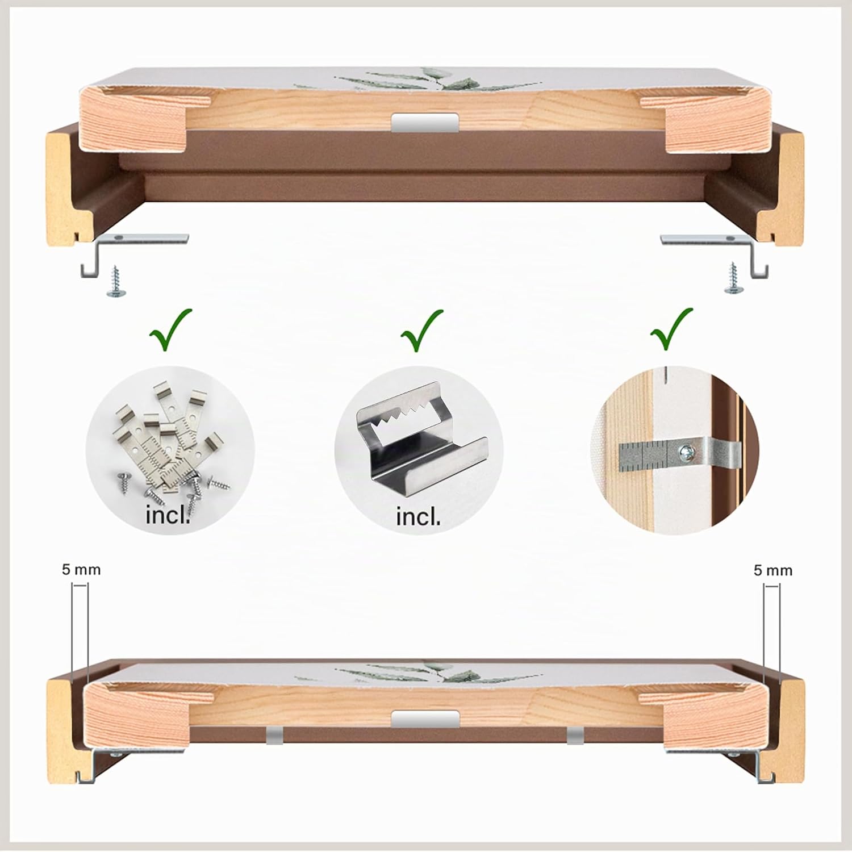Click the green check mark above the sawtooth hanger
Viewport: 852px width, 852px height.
click(421, 332)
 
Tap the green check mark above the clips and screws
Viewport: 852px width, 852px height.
click(170, 330)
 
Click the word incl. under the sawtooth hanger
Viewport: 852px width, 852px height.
click(418, 517)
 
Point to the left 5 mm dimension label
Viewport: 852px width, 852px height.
click(81, 570)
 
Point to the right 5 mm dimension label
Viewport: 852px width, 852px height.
click(772, 570)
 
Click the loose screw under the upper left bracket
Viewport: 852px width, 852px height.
click(116, 281)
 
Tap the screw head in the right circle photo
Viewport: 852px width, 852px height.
click(686, 452)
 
